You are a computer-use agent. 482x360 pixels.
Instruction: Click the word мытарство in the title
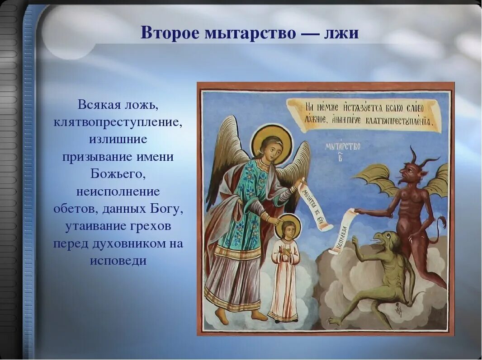[x=247, y=33]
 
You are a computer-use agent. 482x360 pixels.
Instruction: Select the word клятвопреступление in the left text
[x=118, y=122]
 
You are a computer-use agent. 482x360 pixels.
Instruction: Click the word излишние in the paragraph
[x=118, y=139]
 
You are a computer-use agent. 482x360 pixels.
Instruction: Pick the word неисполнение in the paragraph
[x=118, y=192]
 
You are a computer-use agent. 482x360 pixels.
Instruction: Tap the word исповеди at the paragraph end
[x=118, y=261]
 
